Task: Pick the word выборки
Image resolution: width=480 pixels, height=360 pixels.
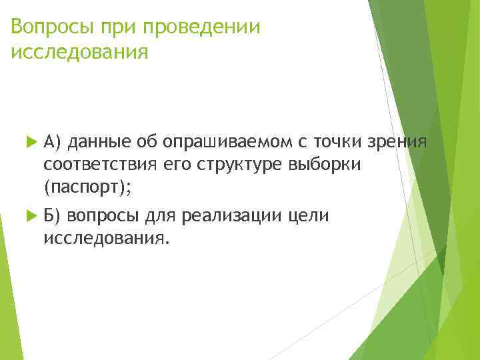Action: (324, 165)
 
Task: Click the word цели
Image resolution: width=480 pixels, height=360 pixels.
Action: (313, 216)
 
